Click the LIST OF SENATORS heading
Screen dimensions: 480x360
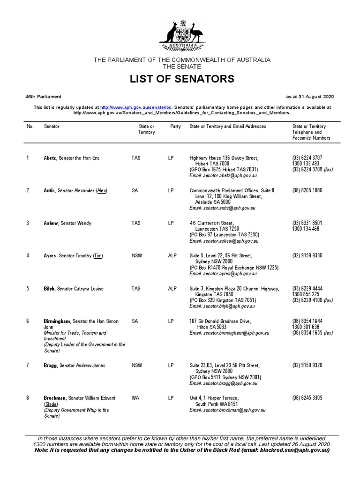[x=182, y=79]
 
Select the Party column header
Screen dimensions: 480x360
[x=176, y=127]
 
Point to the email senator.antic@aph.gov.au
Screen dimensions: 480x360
[x=222, y=208]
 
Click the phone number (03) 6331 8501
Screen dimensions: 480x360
[x=307, y=223]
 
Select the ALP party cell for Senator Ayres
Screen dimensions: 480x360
[x=172, y=256]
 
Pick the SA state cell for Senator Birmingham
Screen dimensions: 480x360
[x=135, y=322]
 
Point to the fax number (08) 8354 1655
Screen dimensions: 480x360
[x=307, y=333]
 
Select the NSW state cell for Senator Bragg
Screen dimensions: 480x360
[x=137, y=366]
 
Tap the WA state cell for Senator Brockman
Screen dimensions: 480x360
[x=136, y=398]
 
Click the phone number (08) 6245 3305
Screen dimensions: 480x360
[x=307, y=398]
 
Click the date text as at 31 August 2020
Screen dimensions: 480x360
[x=310, y=97]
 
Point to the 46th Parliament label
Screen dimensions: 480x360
[x=43, y=97]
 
